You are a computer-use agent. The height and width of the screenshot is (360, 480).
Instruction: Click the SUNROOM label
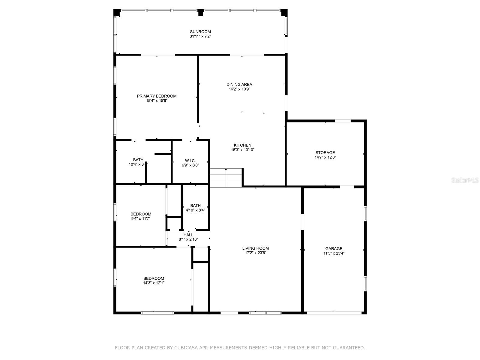click(200, 32)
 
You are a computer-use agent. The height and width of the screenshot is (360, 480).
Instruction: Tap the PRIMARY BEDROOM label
click(157, 96)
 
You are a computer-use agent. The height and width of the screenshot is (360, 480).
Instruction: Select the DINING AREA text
click(239, 85)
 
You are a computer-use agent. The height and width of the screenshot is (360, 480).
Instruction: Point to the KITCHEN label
click(242, 145)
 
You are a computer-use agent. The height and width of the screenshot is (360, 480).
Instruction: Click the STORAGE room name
click(325, 153)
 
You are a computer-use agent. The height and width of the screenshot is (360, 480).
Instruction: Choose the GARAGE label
click(334, 249)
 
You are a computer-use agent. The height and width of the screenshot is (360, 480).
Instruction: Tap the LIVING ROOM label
click(255, 248)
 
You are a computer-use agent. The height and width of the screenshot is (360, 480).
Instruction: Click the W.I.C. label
click(190, 161)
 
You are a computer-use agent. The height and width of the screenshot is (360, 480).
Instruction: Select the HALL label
click(188, 235)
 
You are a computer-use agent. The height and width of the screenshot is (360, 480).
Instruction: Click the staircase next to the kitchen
click(226, 178)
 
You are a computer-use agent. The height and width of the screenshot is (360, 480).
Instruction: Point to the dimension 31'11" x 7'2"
click(200, 36)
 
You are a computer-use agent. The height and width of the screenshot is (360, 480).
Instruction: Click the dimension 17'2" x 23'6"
click(255, 253)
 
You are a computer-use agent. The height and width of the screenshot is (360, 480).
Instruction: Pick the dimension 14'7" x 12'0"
click(325, 157)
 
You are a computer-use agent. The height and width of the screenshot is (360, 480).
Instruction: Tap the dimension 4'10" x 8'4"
click(195, 210)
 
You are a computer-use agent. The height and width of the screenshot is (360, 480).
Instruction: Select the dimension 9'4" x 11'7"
click(141, 219)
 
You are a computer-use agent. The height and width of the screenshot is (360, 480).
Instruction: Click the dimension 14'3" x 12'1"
click(154, 283)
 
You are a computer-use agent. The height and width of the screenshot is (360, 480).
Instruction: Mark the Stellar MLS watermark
click(465, 180)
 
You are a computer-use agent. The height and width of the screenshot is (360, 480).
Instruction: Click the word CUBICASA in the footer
click(184, 348)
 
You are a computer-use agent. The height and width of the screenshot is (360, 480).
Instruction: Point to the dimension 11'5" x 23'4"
click(334, 253)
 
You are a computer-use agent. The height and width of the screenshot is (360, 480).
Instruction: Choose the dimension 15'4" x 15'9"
click(157, 101)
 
